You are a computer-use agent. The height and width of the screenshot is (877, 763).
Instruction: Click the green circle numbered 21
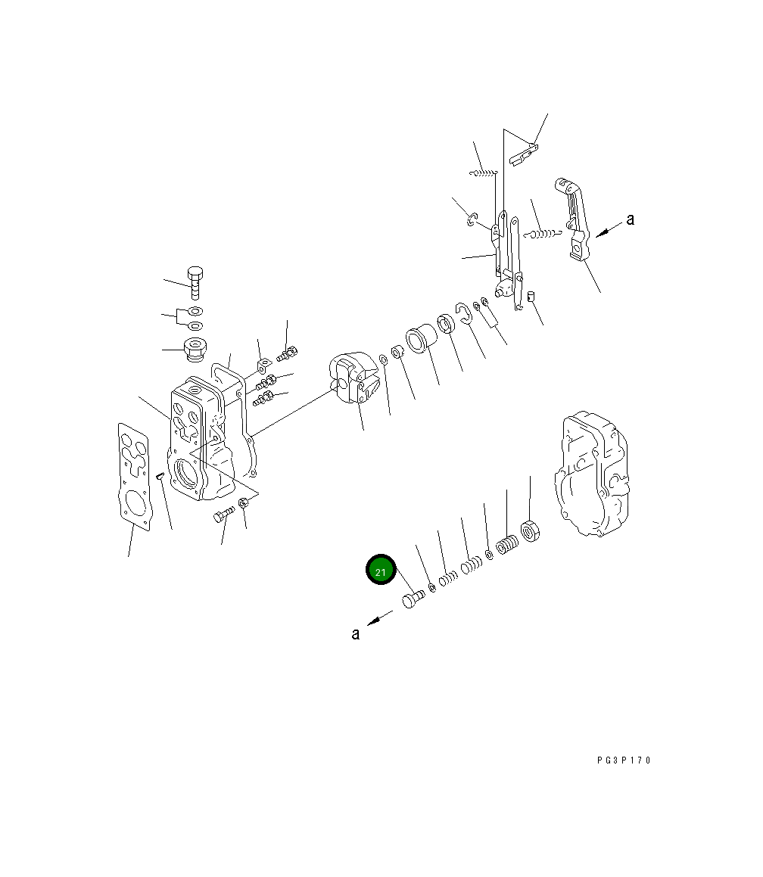coord(381,570)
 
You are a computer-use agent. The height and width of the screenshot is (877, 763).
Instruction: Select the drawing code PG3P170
coord(624,760)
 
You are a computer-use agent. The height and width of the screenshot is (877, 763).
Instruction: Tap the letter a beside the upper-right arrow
coord(631,219)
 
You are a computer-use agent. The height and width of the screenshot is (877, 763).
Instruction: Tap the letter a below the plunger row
coord(355,633)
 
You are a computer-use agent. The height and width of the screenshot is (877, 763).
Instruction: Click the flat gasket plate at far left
coord(134,475)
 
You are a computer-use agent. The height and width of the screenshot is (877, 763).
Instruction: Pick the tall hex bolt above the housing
coord(195,283)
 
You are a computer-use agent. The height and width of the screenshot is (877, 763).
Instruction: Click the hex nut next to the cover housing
coord(529,530)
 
